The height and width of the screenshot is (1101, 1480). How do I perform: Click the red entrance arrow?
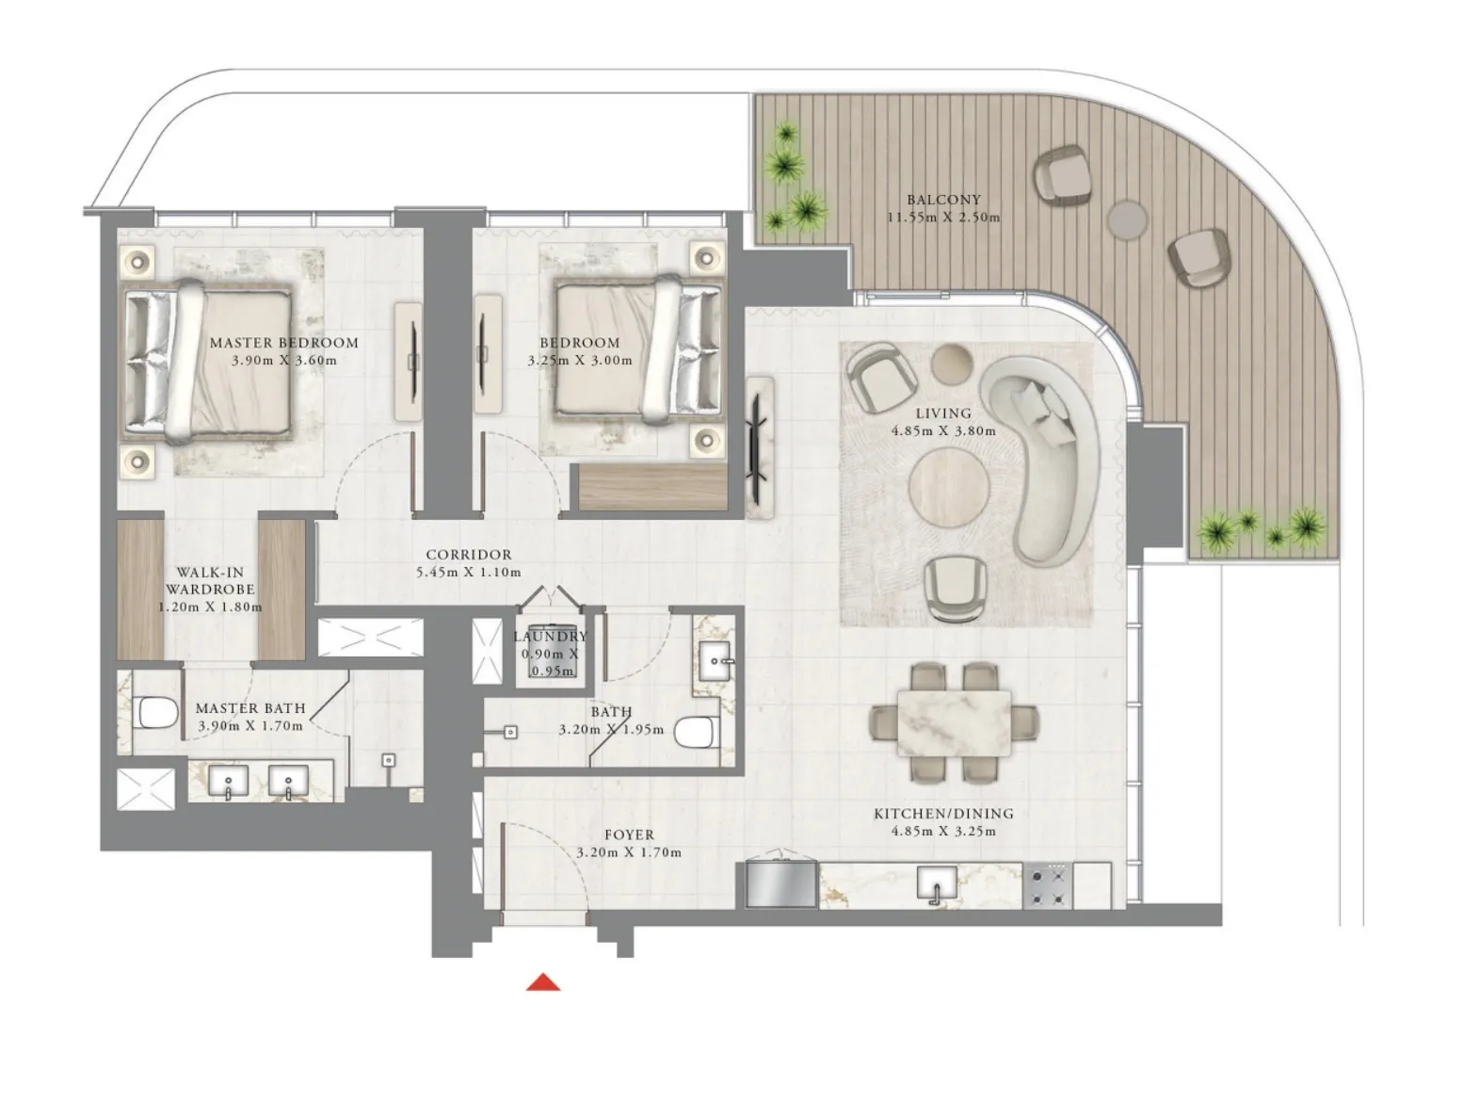click(543, 983)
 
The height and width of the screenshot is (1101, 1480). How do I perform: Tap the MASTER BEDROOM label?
click(283, 343)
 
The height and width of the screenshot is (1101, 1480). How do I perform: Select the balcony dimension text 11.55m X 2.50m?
click(943, 218)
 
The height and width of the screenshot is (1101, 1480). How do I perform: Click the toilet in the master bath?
click(157, 713)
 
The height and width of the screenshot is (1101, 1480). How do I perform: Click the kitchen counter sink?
click(937, 885)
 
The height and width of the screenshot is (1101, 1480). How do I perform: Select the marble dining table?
click(954, 722)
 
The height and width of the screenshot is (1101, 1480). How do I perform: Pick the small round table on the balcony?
click(1127, 219)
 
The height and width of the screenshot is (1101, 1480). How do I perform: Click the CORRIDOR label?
click(468, 555)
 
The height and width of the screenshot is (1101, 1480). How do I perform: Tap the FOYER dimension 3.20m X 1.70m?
click(629, 852)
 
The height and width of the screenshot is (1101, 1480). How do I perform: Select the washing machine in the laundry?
click(550, 652)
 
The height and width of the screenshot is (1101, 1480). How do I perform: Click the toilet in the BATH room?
click(698, 732)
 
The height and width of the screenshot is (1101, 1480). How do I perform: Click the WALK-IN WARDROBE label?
click(210, 580)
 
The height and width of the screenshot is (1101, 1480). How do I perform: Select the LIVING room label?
click(943, 413)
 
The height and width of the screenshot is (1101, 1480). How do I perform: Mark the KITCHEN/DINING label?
click(943, 814)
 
